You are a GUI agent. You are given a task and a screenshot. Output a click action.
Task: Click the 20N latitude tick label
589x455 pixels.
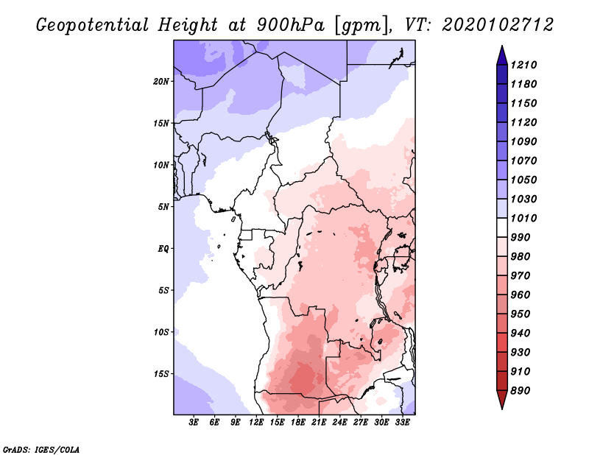point(162,81)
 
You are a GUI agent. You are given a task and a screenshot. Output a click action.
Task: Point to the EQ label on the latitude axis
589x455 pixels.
point(163,248)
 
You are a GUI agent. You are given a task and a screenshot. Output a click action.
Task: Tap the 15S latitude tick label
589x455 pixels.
point(162,374)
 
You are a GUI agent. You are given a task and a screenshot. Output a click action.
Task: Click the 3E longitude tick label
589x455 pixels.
point(194,423)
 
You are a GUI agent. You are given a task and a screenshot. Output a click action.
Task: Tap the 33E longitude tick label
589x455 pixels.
point(403,423)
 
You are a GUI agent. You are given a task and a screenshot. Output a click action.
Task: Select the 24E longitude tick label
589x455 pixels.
point(340,423)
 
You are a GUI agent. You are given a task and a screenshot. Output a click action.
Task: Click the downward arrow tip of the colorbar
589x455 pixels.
point(501,406)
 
